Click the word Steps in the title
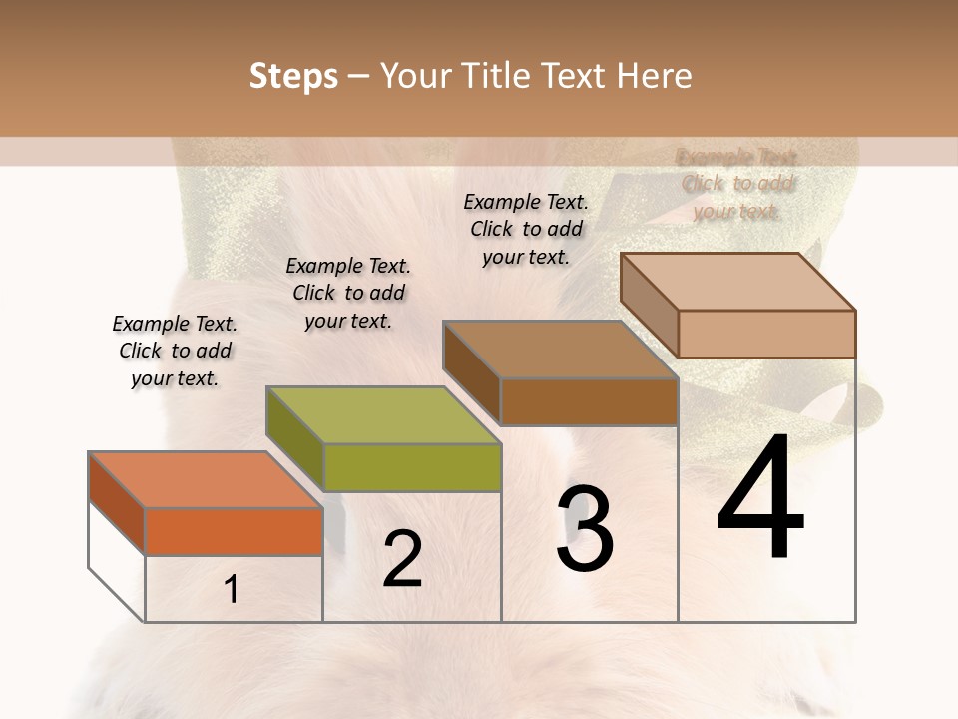[x=293, y=76]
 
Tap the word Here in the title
[x=653, y=76]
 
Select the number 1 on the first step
[x=232, y=590]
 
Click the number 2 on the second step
[x=402, y=559]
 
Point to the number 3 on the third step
[x=584, y=529]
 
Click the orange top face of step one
[x=206, y=480]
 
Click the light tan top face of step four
[x=738, y=282]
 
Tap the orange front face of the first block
[x=234, y=531]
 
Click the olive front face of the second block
[x=412, y=467]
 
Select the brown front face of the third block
[x=589, y=401]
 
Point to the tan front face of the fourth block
[x=766, y=334]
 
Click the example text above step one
[x=175, y=351]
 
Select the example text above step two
[x=348, y=293]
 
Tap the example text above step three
[x=526, y=229]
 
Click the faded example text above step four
[x=737, y=184]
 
